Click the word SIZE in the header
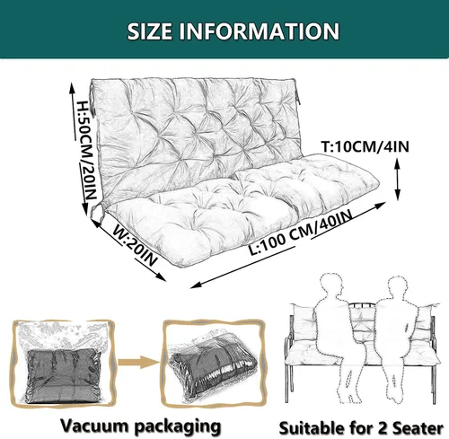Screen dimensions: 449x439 [x=149, y=31]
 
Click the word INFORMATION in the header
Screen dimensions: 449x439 [x=260, y=31]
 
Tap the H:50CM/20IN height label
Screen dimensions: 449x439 [x=87, y=150]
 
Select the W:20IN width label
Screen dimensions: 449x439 [x=136, y=248]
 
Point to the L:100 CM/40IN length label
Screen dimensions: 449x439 [x=300, y=232]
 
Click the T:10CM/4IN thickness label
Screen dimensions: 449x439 [x=365, y=146]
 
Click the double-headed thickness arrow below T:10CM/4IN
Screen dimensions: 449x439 [x=397, y=180]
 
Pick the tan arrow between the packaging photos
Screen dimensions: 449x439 [x=138, y=362]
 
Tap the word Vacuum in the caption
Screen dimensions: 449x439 [x=94, y=425]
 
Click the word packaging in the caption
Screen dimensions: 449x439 [x=178, y=426]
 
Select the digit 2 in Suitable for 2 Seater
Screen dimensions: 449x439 [x=383, y=428]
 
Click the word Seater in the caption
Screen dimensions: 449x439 [x=418, y=428]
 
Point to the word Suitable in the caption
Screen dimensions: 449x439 [x=311, y=428]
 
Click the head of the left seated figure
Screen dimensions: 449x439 [x=331, y=285]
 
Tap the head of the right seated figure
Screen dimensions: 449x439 [x=399, y=289]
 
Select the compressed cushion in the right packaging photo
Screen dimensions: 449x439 [x=213, y=373]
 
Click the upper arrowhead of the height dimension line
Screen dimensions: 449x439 [x=72, y=88]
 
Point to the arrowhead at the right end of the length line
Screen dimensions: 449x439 [x=380, y=205]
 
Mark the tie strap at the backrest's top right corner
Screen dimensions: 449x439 [x=296, y=93]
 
